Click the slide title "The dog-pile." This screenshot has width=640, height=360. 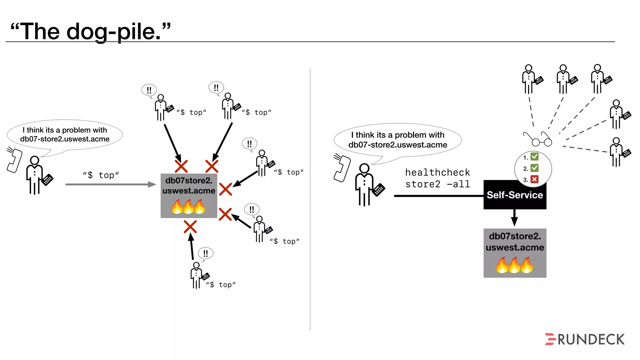pos(91,31)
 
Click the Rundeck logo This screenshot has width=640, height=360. pos(584,339)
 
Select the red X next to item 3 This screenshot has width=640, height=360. pos(534,179)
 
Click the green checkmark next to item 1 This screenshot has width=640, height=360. pos(534,157)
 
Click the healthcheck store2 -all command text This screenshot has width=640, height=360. pos(437,178)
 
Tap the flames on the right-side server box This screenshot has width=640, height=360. pos(514,265)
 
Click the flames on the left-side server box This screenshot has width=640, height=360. pos(188,207)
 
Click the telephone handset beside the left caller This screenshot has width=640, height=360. pos(14,160)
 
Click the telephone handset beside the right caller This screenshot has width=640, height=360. pos(342,167)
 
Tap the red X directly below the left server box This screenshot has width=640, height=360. pos(190,227)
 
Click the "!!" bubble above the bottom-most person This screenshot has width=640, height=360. pos(206,253)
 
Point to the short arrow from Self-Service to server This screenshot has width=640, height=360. pos(514,218)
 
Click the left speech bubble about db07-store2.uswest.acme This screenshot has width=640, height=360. pos(65,135)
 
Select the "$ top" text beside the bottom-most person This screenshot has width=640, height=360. pos(221,285)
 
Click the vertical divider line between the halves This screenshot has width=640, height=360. pos(310,200)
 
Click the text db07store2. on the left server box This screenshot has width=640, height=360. pos(188,181)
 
